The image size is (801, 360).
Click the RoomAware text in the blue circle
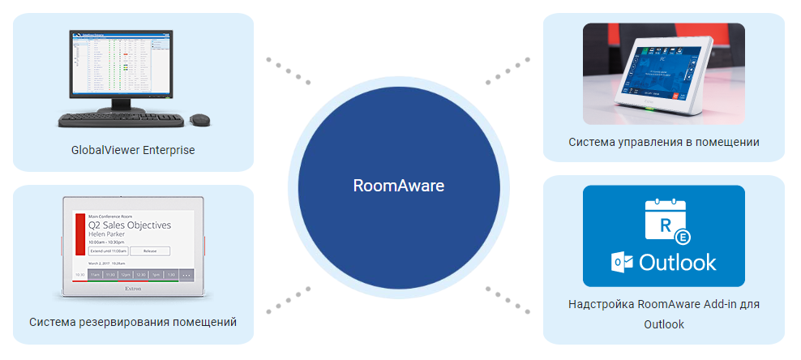coord(399,186)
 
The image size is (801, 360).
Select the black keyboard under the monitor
coord(121,119)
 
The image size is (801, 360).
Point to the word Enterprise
coord(168,150)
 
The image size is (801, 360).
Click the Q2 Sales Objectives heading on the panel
coord(130,225)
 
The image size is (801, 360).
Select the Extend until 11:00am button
coord(108,251)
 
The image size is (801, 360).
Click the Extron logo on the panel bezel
coord(134,288)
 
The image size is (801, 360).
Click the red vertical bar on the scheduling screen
coord(80,235)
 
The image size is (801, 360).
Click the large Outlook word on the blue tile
coord(678,263)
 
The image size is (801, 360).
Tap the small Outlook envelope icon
coord(622,263)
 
